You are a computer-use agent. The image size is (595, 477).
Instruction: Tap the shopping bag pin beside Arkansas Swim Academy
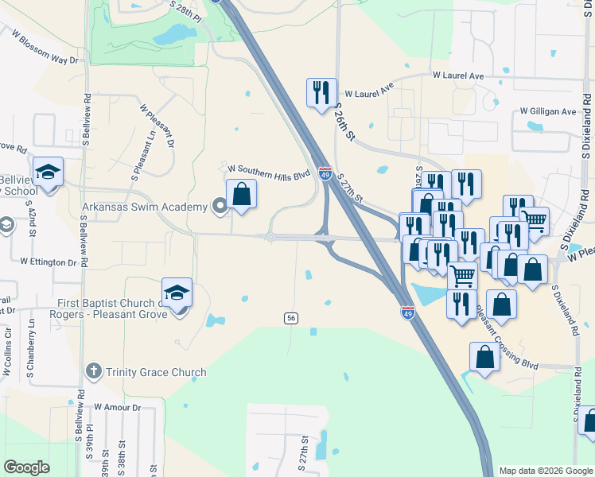pos(242,195)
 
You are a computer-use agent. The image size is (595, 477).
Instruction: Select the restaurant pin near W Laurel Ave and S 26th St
pos(321,92)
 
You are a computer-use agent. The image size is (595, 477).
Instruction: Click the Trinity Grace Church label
pos(154,372)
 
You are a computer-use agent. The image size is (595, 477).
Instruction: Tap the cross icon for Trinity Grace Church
pos(94,371)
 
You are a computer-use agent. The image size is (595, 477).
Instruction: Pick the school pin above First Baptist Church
pos(177,293)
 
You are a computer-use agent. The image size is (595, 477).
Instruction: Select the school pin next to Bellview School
pos(48,172)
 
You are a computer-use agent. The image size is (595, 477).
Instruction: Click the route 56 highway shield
pos(291,318)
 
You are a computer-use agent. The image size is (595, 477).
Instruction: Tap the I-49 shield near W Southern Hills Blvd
pos(325,173)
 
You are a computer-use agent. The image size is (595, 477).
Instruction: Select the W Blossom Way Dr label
pos(45,47)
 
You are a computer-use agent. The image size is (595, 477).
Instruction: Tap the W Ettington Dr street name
pos(48,261)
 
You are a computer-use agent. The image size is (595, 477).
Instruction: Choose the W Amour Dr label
pos(117,407)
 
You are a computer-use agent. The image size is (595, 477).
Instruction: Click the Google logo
pos(26,467)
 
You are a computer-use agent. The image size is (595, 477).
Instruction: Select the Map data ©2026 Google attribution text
pos(545,471)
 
